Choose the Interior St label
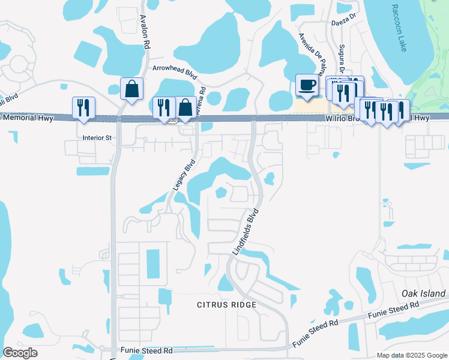coord(97,138)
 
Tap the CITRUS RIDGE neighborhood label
coord(227,305)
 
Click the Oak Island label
coord(424,294)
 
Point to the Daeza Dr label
coord(344,24)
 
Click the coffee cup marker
coord(307,85)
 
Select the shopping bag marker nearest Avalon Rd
coord(131,89)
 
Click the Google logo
coord(20,353)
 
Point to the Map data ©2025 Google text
coord(411,355)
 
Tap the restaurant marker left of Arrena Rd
coord(163,108)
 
